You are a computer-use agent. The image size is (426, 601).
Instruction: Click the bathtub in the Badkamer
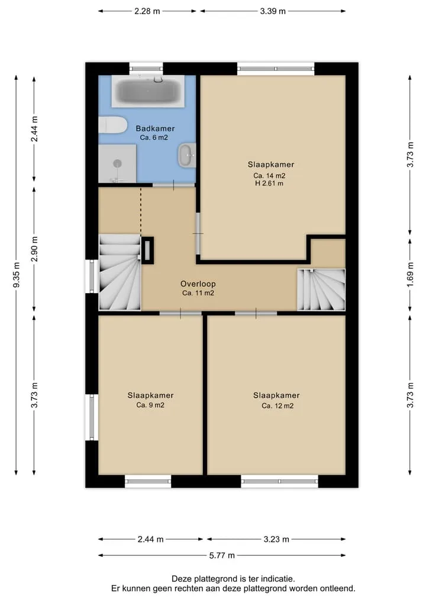click(x=148, y=91)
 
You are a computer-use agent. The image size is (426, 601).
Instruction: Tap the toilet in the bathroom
click(x=112, y=125)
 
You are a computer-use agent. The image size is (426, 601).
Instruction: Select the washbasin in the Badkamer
click(x=187, y=155)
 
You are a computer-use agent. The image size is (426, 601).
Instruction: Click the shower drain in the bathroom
click(x=117, y=164)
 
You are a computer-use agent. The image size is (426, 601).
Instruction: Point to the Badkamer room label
click(x=155, y=128)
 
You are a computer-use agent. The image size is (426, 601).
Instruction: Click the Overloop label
click(x=198, y=284)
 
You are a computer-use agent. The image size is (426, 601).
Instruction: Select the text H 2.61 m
click(x=269, y=184)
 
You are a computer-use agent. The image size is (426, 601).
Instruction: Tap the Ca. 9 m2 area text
click(x=150, y=405)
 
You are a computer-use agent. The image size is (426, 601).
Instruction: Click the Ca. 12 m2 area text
click(x=277, y=406)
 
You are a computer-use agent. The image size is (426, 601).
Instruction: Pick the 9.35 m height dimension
click(x=16, y=275)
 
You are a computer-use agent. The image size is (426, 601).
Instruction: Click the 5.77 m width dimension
click(x=222, y=555)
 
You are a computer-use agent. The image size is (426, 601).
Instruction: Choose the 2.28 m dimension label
click(x=147, y=11)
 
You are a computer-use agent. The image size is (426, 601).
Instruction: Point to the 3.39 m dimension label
click(x=273, y=11)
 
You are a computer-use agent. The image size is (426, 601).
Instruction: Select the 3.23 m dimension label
click(x=276, y=540)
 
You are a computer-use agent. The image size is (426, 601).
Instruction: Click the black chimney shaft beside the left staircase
click(x=148, y=251)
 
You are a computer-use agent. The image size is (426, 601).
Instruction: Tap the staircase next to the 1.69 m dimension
click(x=321, y=290)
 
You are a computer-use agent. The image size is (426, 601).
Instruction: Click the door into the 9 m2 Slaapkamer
click(x=180, y=314)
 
